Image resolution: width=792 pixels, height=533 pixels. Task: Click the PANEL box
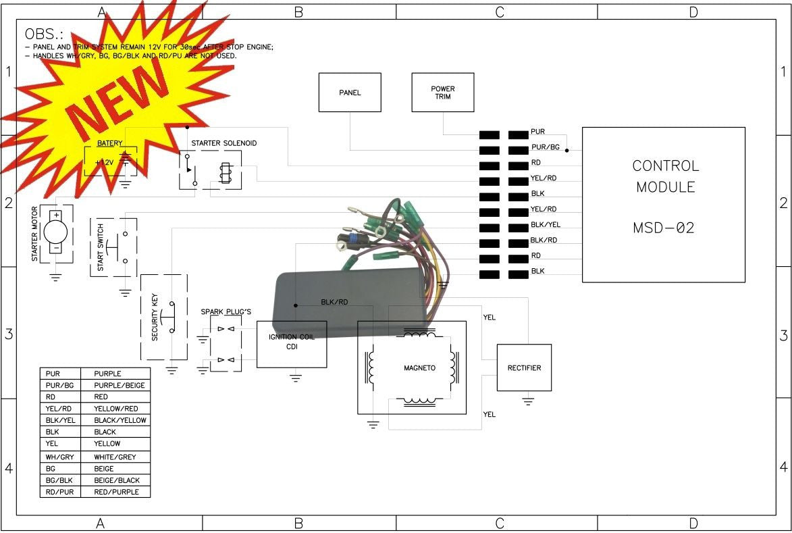click(x=350, y=93)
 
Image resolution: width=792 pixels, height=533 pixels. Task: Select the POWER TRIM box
click(x=442, y=93)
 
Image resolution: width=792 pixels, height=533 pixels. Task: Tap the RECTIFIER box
click(x=524, y=367)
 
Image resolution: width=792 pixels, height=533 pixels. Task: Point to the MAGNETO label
click(x=419, y=368)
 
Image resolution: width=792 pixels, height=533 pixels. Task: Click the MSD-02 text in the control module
click(x=663, y=228)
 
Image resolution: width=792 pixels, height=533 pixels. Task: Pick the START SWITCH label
click(x=101, y=247)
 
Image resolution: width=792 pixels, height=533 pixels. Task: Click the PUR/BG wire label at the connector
click(x=545, y=147)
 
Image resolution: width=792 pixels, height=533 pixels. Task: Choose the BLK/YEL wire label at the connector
click(x=545, y=224)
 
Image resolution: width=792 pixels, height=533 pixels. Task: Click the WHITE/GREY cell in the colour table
click(x=115, y=457)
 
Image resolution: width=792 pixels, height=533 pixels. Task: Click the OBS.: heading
click(x=43, y=33)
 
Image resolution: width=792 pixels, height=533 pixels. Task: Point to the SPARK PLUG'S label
click(x=226, y=311)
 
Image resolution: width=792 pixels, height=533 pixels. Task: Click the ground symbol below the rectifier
click(x=528, y=401)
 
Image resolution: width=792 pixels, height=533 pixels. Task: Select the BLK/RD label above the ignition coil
click(x=334, y=302)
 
